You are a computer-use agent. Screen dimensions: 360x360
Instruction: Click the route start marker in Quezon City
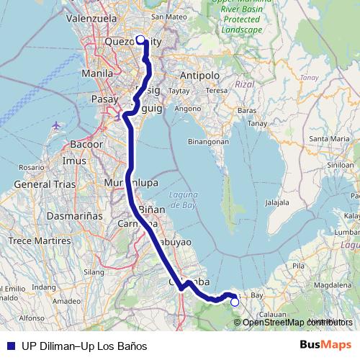click(x=140, y=40)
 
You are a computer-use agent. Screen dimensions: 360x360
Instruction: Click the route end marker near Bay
click(x=234, y=302)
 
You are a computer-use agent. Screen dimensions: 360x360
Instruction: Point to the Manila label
click(x=97, y=73)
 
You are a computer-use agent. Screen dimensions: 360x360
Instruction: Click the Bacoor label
click(x=86, y=144)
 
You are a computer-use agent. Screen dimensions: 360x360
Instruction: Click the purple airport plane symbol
click(x=57, y=125)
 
